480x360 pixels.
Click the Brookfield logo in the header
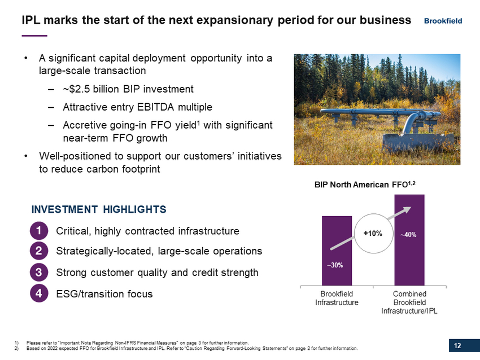click(x=443, y=21)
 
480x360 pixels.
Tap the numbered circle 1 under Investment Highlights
click(x=39, y=231)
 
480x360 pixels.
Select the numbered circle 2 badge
click(x=39, y=251)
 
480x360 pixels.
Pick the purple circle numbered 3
click(x=39, y=272)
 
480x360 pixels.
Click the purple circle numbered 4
click(x=39, y=293)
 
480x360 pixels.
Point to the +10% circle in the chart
click(x=373, y=234)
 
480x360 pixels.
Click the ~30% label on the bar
click(x=335, y=265)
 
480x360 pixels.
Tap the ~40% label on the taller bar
click(x=408, y=235)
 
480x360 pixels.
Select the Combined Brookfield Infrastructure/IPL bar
click(x=409, y=240)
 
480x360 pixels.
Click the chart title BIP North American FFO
click(x=365, y=185)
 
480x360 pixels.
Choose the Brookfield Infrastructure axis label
click(x=337, y=298)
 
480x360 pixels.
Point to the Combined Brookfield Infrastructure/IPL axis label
click(x=409, y=302)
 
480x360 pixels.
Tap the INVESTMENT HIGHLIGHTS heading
click(x=99, y=209)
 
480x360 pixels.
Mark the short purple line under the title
click(x=34, y=36)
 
